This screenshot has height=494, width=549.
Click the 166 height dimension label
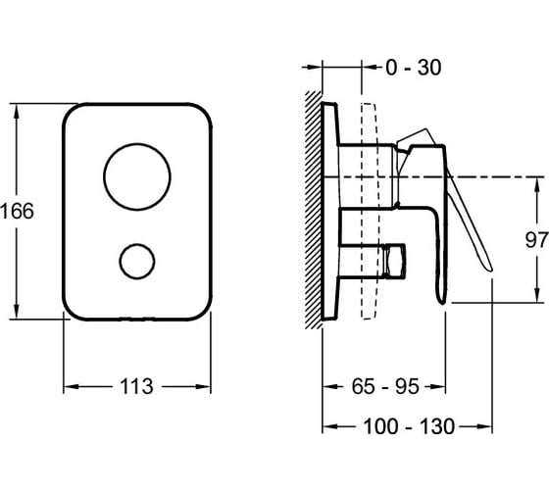tap(18, 211)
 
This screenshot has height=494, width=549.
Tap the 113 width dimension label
tap(136, 386)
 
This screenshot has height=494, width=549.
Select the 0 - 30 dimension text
tap(413, 68)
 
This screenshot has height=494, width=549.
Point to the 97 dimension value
tap(536, 240)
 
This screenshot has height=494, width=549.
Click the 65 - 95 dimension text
tap(385, 386)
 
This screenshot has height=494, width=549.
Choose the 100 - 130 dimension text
tap(409, 426)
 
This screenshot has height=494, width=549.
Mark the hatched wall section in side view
tap(314, 210)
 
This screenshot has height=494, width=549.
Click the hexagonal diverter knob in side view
tap(394, 261)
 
